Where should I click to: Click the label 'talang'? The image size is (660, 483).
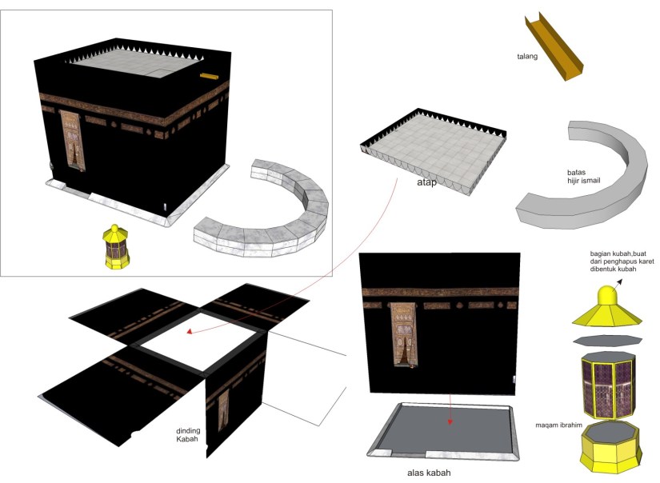527,57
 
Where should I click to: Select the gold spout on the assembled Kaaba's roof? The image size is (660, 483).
209,77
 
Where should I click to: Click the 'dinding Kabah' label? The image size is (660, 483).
190,435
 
